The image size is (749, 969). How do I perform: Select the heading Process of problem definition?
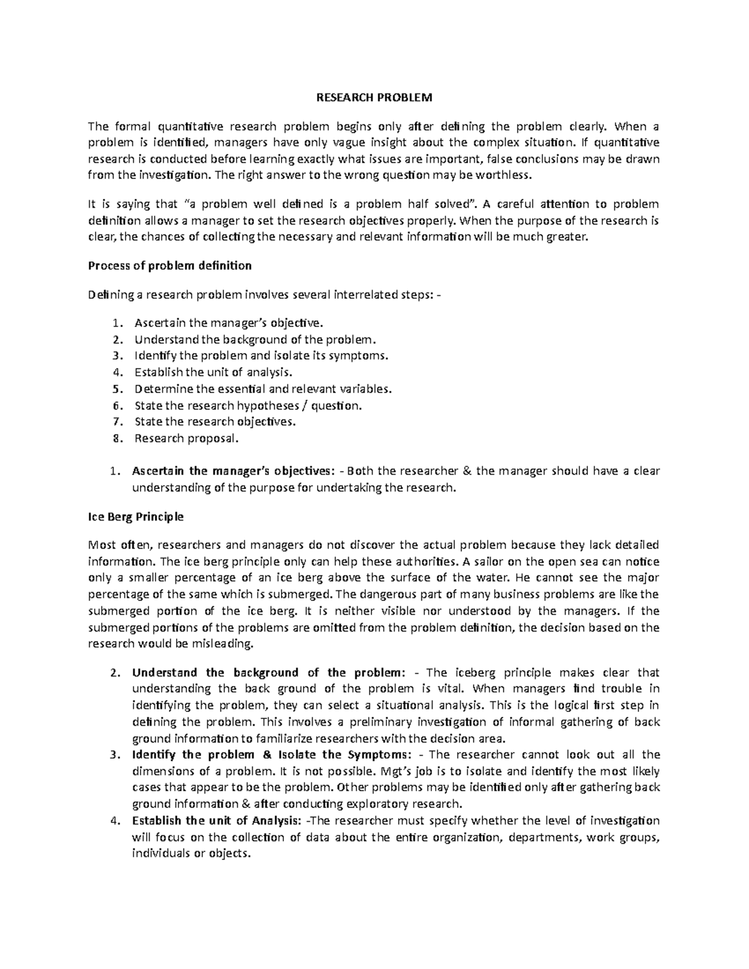[x=170, y=266]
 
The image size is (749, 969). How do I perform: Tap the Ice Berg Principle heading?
[x=136, y=517]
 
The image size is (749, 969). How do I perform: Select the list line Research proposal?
[x=186, y=439]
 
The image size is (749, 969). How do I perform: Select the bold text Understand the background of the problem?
[x=268, y=673]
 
